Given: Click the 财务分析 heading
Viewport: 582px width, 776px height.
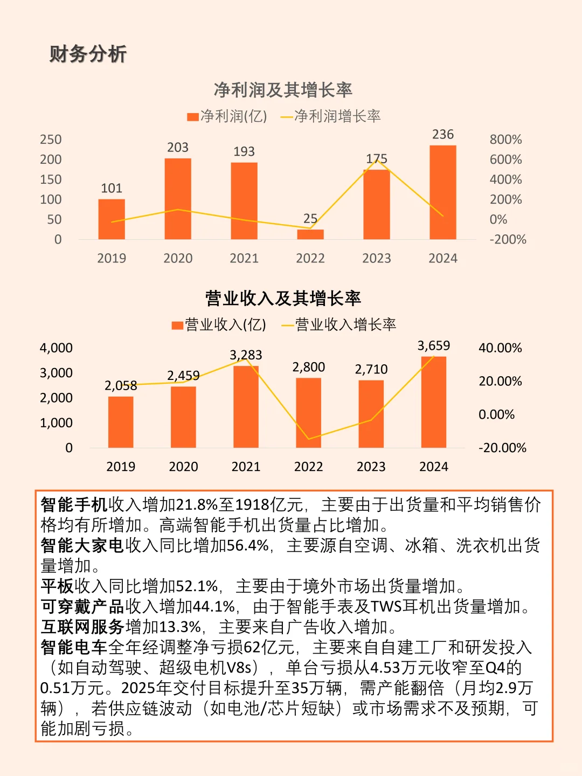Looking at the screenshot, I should (88, 54).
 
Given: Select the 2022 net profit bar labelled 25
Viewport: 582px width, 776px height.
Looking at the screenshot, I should (310, 234).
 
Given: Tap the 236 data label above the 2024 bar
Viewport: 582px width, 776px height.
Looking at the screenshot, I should (443, 134).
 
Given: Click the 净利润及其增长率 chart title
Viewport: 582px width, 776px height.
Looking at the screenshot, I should (283, 89).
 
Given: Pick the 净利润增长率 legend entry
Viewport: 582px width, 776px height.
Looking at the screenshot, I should (331, 116).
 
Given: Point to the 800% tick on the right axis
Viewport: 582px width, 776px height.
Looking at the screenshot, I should (505, 140).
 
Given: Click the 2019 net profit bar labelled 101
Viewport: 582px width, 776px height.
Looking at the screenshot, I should (112, 219).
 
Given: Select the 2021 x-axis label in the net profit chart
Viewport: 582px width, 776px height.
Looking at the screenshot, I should (244, 258).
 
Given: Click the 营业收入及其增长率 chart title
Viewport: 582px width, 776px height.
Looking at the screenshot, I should (283, 298).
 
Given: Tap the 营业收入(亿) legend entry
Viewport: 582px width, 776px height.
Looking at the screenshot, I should (219, 324).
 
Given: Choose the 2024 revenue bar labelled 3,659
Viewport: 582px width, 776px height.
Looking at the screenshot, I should (434, 402).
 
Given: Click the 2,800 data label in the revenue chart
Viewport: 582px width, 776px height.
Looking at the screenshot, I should (309, 367).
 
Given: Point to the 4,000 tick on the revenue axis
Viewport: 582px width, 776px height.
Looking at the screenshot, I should (56, 348).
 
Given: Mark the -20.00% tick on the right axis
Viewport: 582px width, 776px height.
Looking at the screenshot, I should (502, 448).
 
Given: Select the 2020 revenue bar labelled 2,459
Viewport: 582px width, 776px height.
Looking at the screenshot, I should (183, 417).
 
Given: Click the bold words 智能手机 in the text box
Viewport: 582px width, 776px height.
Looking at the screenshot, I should (74, 504).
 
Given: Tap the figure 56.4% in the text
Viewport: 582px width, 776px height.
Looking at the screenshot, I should (248, 545).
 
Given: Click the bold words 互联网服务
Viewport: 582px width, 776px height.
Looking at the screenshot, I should (83, 627).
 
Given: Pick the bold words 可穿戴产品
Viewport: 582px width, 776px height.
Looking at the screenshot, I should (83, 606).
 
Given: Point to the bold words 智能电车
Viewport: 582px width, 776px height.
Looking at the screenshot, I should (74, 647).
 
